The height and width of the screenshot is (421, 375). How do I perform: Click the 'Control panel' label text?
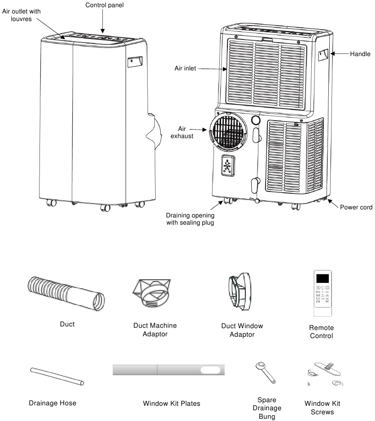104,5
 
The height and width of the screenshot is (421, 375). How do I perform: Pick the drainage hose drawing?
57,376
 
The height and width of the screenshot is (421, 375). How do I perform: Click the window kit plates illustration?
169,370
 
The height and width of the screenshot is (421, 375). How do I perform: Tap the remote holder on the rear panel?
228,167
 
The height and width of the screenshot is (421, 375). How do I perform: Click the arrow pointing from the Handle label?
340,54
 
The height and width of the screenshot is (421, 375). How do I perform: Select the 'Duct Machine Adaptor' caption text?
155,330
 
